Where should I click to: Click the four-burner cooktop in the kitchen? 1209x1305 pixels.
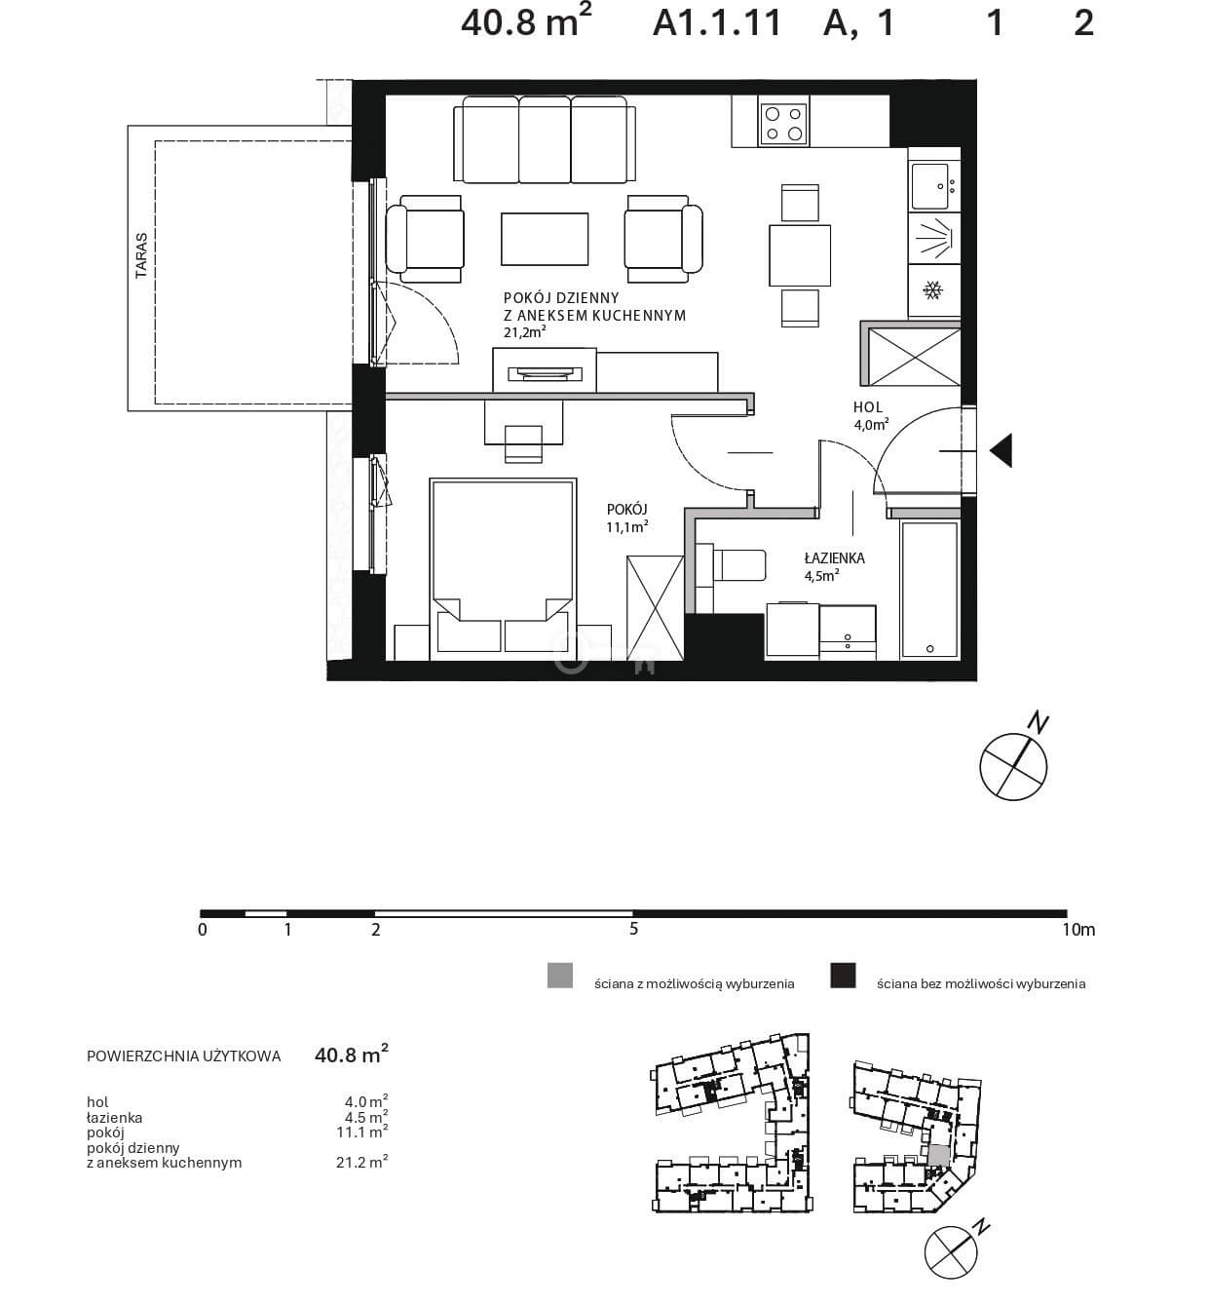(x=783, y=121)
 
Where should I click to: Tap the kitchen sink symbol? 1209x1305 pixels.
(x=933, y=186)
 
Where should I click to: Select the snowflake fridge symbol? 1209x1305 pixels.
(x=933, y=289)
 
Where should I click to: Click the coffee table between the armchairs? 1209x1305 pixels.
(x=544, y=239)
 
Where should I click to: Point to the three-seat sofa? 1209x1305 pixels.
(x=545, y=139)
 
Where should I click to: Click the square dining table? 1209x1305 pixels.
(x=800, y=255)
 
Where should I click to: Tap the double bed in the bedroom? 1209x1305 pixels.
(x=503, y=568)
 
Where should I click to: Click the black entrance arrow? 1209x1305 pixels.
(x=1001, y=451)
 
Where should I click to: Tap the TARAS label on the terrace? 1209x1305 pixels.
(x=141, y=255)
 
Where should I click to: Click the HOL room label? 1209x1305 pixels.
(x=868, y=407)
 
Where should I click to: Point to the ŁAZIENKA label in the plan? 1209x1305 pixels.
(x=835, y=558)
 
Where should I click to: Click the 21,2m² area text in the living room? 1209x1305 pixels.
(x=524, y=331)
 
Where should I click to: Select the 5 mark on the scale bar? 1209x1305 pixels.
(x=633, y=929)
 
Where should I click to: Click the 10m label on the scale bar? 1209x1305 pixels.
(x=1078, y=929)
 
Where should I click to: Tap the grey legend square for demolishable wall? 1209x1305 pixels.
(x=560, y=976)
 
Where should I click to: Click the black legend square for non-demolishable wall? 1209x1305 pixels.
(x=843, y=976)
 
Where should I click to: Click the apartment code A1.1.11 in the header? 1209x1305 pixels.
(x=717, y=23)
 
